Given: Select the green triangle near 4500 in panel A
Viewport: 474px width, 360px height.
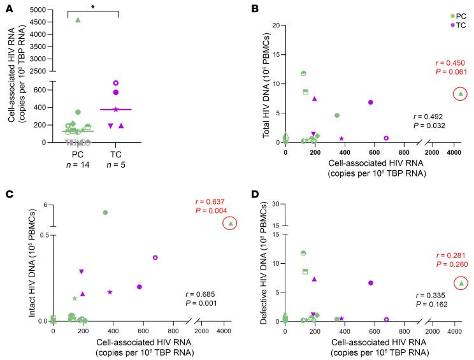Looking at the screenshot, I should [78, 20].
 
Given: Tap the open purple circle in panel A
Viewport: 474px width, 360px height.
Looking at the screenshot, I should [116, 83].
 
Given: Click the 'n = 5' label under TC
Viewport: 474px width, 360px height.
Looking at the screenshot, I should [116, 164].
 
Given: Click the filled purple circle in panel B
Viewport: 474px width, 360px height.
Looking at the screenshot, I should [370, 102].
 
